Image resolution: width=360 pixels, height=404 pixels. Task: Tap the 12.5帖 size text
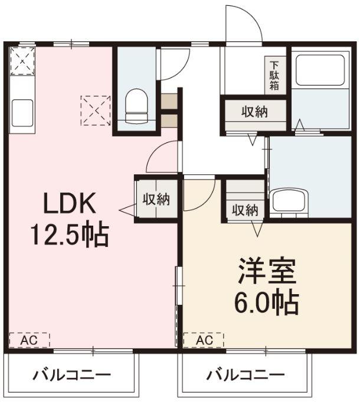69,236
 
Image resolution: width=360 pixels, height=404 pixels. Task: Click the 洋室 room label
267,272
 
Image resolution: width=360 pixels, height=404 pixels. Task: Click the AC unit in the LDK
29,341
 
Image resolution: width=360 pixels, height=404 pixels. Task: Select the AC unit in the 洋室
203,341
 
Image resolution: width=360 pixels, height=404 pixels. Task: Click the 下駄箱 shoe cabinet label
274,75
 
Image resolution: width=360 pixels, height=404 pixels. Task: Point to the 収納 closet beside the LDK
156,199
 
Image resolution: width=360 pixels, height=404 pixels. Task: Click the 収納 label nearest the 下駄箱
254,112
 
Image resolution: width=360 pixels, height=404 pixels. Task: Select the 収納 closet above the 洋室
244,209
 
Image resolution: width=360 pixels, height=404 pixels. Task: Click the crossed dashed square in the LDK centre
96,110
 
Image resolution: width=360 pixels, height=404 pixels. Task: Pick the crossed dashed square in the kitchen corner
23,60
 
